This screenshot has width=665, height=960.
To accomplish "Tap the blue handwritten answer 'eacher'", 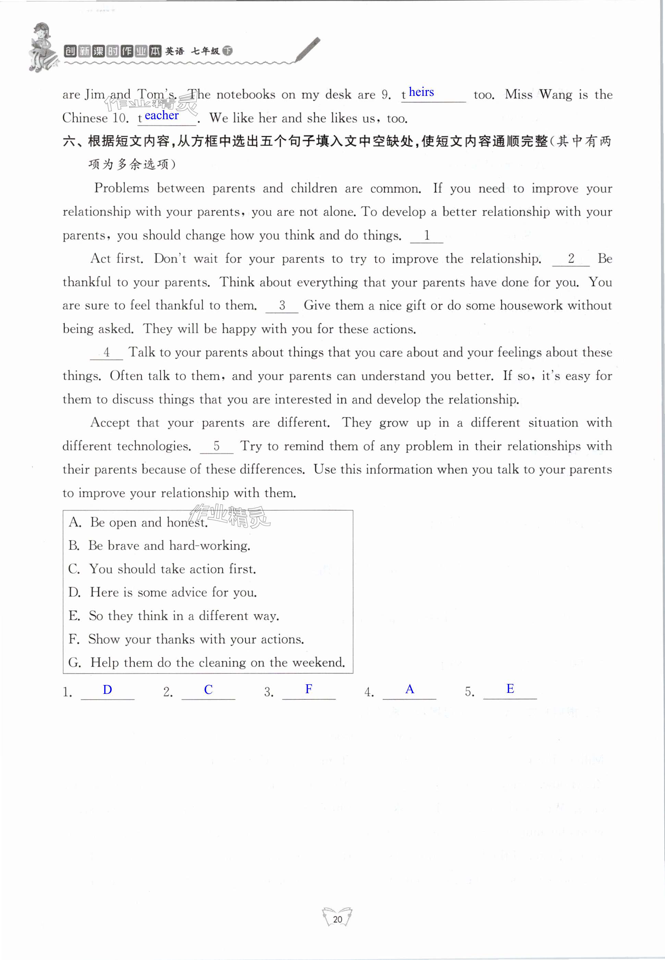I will [x=162, y=115].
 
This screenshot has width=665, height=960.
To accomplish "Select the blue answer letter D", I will [x=108, y=690].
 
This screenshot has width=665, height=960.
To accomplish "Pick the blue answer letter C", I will [x=208, y=690].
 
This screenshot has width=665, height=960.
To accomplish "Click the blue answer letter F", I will [x=309, y=689].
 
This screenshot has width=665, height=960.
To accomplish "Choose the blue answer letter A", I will [x=409, y=689].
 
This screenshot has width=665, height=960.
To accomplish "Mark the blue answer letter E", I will [x=510, y=689].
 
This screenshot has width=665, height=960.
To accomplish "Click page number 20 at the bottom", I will [x=337, y=919].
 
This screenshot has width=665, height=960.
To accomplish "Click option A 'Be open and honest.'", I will [x=138, y=522].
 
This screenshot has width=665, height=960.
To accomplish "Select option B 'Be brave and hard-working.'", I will [x=159, y=546].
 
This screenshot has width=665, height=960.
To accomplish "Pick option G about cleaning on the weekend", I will [x=207, y=663].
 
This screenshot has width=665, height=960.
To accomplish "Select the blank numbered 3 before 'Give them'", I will [x=282, y=306].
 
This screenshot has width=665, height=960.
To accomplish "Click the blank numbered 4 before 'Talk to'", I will [x=107, y=353].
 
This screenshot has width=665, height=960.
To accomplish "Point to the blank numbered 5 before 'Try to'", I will [x=217, y=447].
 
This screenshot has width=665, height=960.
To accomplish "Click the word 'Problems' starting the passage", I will [x=121, y=188].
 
